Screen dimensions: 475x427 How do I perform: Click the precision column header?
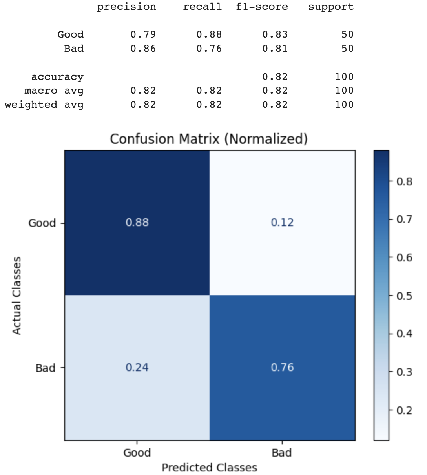[x=126, y=7]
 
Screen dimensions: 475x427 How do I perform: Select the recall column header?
[x=202, y=7]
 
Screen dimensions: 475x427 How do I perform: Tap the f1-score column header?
[x=262, y=7]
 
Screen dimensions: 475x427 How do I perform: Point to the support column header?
[x=331, y=7]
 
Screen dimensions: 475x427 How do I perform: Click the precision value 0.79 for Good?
[x=143, y=34]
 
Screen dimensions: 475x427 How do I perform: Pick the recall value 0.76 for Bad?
[x=209, y=49]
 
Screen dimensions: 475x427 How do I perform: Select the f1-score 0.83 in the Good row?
[x=275, y=34]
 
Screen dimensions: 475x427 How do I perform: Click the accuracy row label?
[x=57, y=77]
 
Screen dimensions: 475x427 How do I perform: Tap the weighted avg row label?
[x=44, y=105]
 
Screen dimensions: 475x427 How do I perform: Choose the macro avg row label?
[x=54, y=91]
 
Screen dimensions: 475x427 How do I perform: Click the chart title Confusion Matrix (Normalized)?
[x=209, y=139]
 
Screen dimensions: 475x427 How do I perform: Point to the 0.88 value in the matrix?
[x=137, y=223]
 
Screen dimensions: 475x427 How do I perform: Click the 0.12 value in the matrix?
[x=282, y=223]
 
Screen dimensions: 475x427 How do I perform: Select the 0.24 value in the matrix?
[x=137, y=368]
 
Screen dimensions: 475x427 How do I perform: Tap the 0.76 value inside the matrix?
[x=282, y=368]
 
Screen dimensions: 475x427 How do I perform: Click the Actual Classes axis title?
[x=16, y=296]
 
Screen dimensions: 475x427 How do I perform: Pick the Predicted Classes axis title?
[x=210, y=468]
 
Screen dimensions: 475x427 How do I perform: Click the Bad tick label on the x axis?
[x=282, y=453]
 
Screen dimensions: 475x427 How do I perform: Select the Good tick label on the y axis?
[x=42, y=223]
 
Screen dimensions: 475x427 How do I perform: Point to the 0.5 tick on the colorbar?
[x=404, y=296]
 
